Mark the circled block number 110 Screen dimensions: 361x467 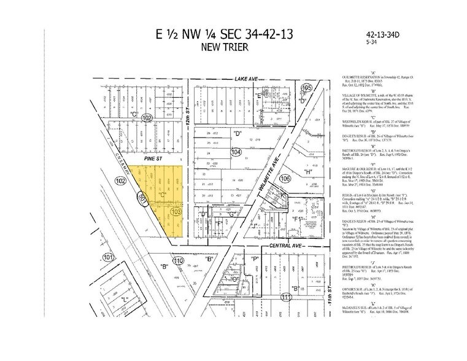tap(179, 261)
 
